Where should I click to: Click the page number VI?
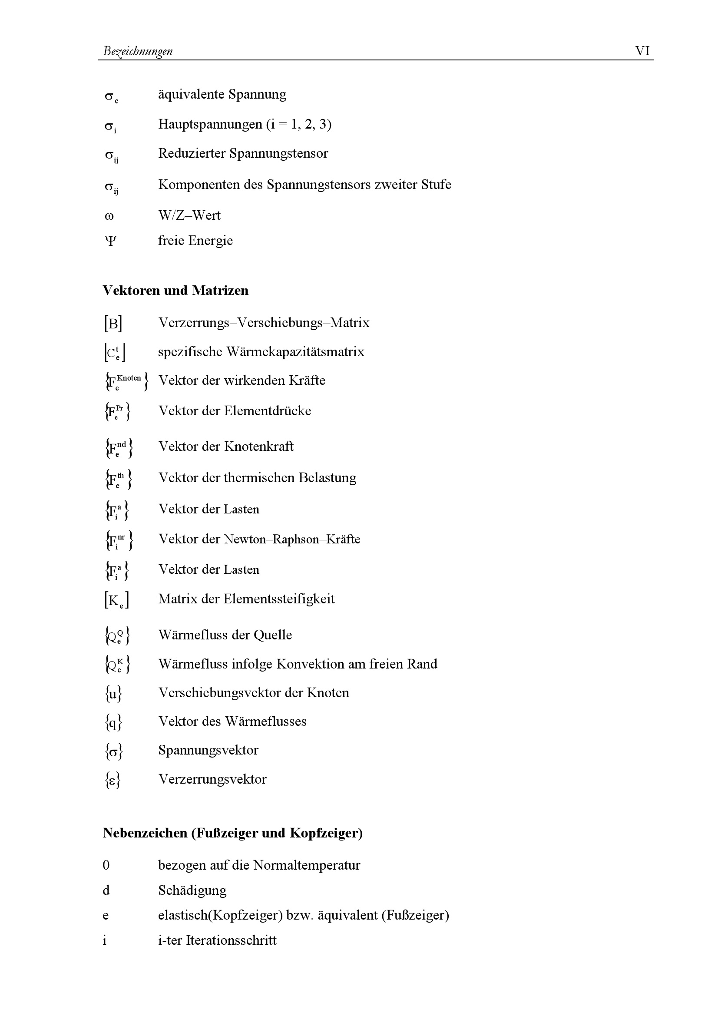click(642, 51)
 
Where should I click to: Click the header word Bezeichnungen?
click(138, 51)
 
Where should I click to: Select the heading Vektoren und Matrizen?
click(175, 290)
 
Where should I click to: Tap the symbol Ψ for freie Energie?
click(110, 241)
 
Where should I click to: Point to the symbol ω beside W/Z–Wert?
click(109, 216)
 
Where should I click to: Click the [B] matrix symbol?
click(113, 324)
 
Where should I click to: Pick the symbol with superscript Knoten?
click(126, 381)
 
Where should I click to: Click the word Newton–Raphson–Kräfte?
click(292, 539)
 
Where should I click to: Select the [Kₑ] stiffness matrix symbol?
click(116, 600)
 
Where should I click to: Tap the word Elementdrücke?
click(267, 410)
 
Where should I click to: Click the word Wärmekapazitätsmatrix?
click(295, 352)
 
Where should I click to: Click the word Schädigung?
click(192, 890)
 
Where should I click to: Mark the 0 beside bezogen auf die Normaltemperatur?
click(106, 865)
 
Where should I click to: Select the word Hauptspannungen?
click(210, 124)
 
